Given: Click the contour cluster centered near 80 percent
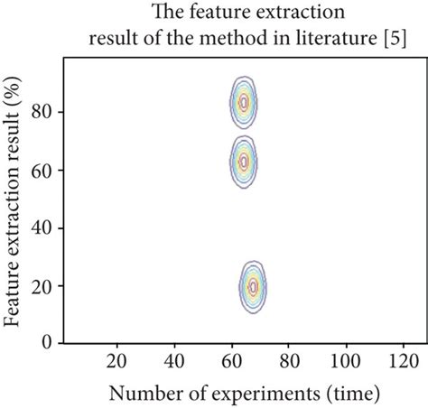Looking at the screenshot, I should [243, 104].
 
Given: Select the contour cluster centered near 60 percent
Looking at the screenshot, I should [242, 162].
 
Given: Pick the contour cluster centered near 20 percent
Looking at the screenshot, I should [253, 286].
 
